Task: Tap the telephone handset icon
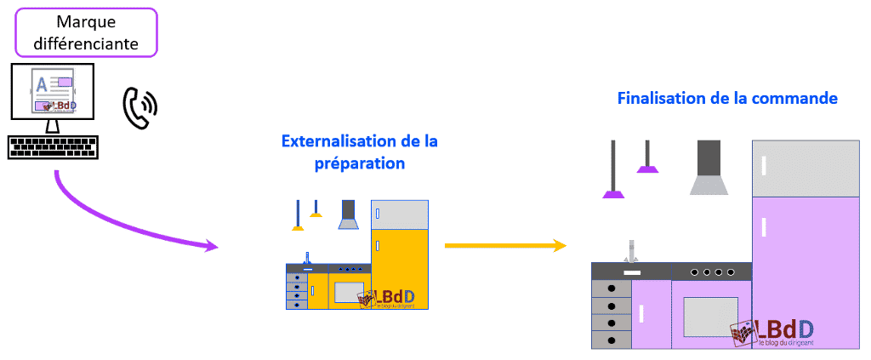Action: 139,107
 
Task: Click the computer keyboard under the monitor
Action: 53,146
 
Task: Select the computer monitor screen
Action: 53,93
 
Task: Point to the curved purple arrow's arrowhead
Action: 211,247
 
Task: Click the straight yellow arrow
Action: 505,246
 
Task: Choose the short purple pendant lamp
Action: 648,169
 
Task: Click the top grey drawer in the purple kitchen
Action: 611,289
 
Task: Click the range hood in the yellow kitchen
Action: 348,216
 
